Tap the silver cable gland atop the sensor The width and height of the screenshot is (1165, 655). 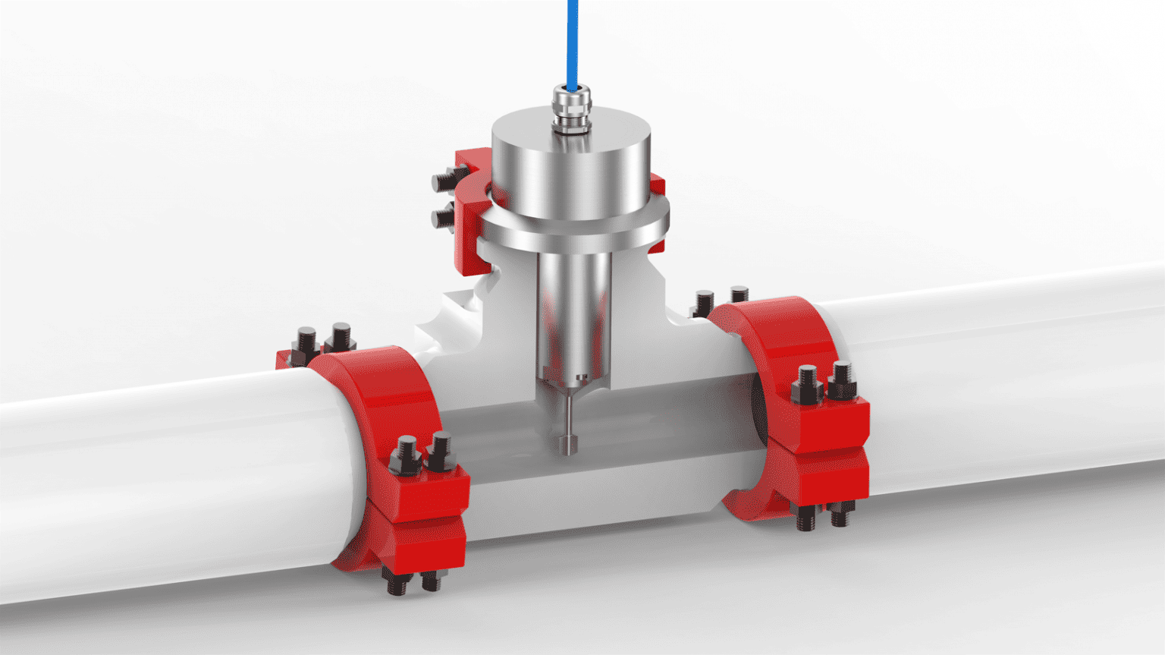click(570, 107)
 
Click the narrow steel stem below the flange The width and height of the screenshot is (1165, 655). click(574, 311)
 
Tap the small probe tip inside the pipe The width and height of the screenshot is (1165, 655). click(567, 445)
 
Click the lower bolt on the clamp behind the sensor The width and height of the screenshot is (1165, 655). click(443, 219)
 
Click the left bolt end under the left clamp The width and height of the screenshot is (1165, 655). click(397, 584)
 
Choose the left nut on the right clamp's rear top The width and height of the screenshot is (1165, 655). click(705, 302)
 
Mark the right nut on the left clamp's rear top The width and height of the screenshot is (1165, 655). click(341, 337)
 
